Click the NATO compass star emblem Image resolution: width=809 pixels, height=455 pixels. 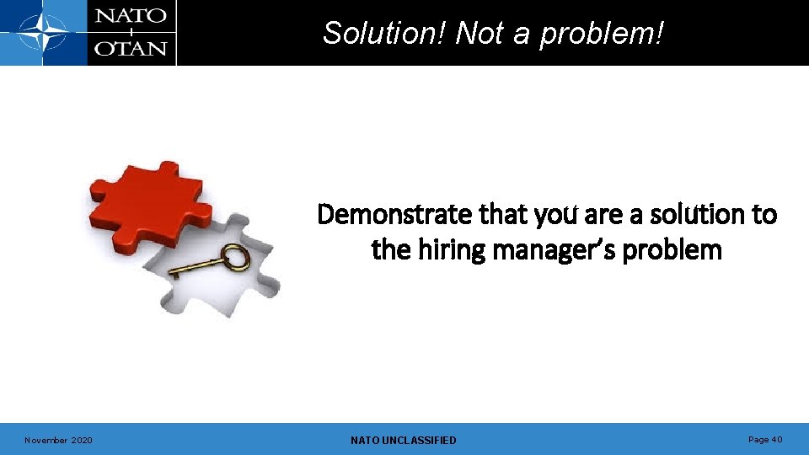43,33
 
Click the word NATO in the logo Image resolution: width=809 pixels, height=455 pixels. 131,17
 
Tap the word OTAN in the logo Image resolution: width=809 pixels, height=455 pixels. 131,48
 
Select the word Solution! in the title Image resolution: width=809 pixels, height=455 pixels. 385,34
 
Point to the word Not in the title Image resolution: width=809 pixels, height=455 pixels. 480,34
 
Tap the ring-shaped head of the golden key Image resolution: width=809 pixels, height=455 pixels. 237,256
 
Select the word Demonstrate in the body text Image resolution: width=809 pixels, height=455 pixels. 394,216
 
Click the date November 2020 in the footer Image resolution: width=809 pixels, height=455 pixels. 58,440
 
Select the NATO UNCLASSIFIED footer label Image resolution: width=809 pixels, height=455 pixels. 403,440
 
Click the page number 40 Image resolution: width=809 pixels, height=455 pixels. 776,439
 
